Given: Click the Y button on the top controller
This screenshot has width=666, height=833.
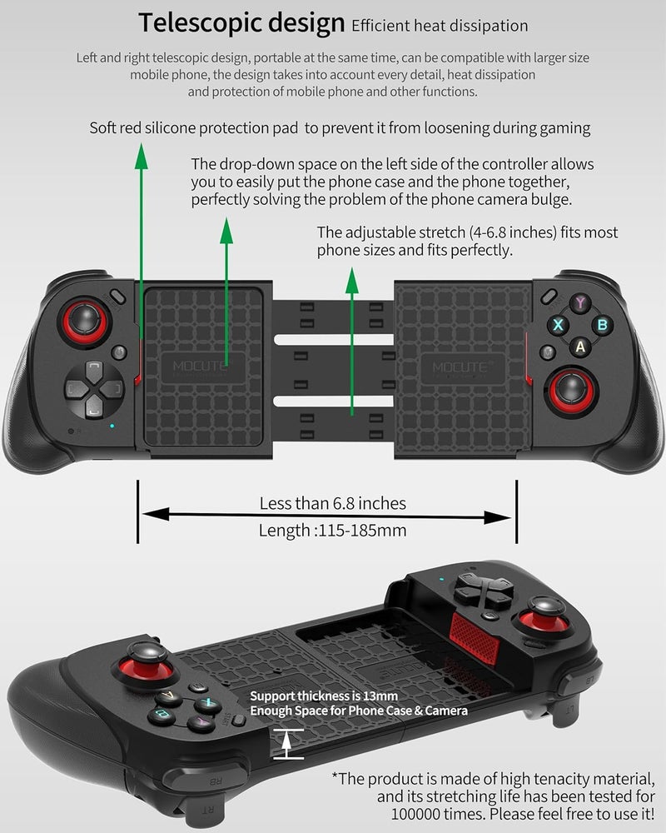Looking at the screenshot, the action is coord(580,303).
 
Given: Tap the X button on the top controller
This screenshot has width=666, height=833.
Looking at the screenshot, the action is coord(558,325).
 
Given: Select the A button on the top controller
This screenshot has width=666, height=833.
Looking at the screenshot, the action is coord(580,347).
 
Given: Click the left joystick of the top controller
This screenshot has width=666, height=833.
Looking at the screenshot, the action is coord(85,322).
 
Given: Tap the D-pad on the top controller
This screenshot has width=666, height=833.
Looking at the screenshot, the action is coord(94,389).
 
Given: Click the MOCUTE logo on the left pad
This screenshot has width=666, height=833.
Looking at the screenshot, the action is coord(200,366).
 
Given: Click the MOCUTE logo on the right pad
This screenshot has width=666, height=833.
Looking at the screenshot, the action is coord(460,367).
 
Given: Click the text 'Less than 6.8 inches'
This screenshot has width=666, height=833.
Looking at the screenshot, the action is coord(332,503).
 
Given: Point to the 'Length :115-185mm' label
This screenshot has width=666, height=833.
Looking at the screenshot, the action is coord(332,530).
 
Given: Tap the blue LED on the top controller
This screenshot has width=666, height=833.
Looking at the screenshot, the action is coord(112,426).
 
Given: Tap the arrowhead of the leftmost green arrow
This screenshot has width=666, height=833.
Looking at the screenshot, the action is coord(142,157).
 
